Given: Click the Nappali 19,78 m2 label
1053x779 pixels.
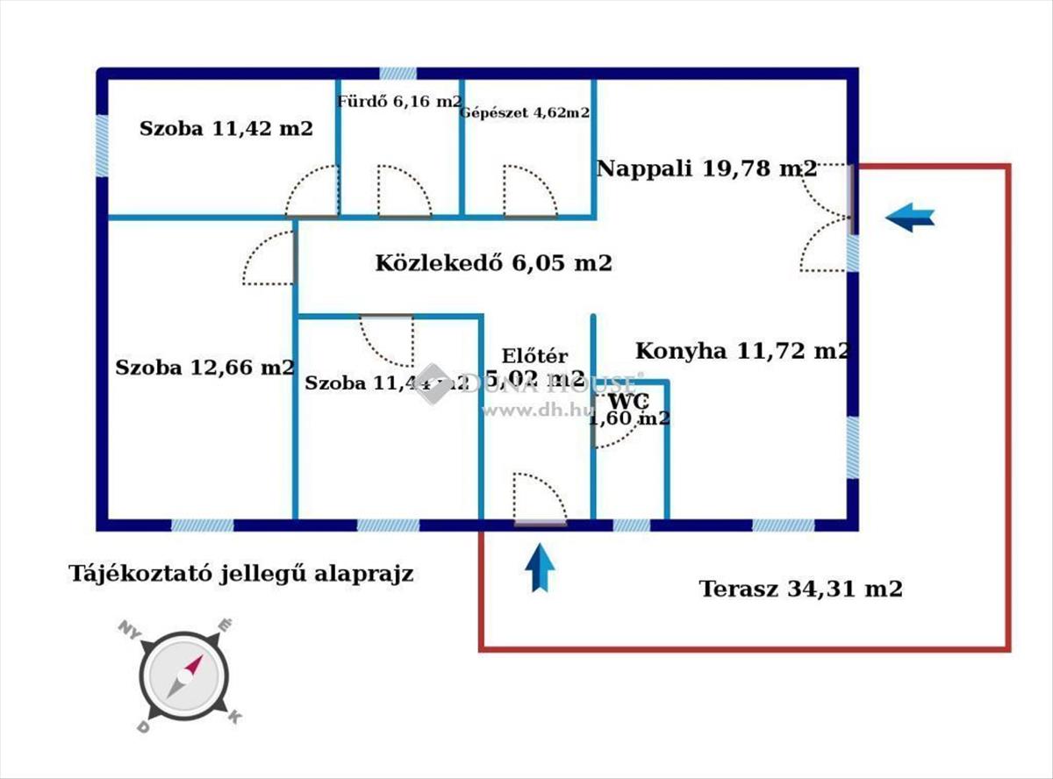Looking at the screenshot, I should pos(706,168).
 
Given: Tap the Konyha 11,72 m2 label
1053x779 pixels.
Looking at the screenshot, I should pos(742,351).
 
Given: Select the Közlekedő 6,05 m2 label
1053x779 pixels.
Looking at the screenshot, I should pos(493,262).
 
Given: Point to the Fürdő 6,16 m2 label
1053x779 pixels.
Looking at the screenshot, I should pos(399,102).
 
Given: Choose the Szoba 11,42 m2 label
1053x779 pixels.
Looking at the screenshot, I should pos(226,129).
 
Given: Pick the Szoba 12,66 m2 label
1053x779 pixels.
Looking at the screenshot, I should pos(204,368).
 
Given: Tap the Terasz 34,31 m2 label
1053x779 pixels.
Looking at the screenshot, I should pos(800,589).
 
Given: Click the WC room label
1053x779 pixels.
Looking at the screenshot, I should pos(630,402).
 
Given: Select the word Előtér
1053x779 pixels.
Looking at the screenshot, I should pos(534,356).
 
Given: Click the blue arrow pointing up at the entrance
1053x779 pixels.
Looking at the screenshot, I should pos(541,568).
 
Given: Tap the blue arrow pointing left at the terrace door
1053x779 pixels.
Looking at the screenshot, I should pos(910,217).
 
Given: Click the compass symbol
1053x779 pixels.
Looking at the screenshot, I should pos(185,676).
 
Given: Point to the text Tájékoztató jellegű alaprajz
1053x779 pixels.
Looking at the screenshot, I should pos(241,574).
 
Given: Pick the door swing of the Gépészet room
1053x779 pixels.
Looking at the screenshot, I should pos(529,190).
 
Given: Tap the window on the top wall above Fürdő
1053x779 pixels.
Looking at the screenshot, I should pos(398,74).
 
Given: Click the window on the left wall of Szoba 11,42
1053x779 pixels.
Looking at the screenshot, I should pos(102,145).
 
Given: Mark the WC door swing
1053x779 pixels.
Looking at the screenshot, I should pos(612,425).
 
